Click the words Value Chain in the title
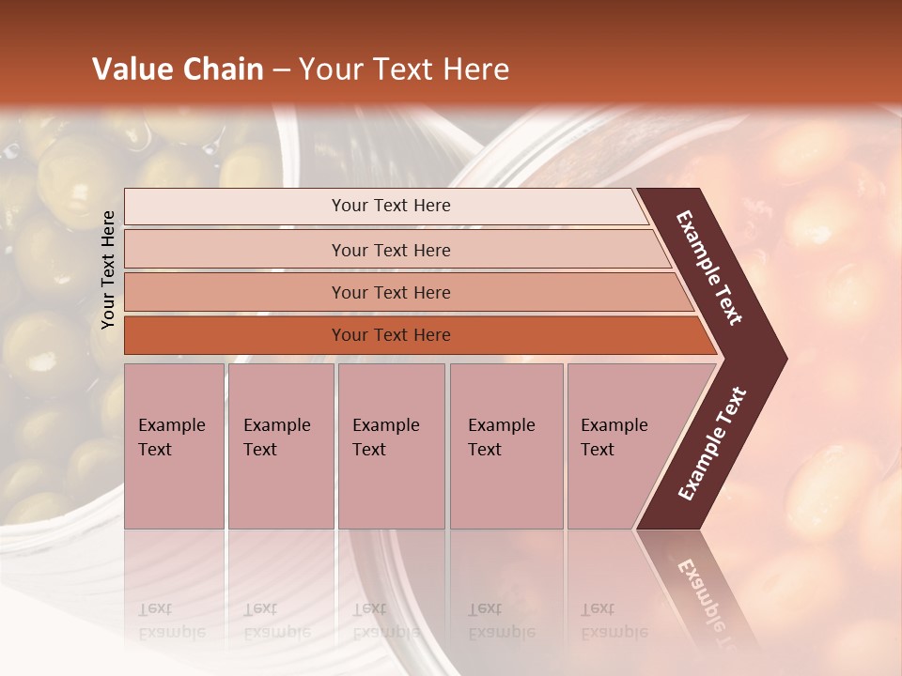tap(178, 69)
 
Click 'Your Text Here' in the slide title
tap(404, 69)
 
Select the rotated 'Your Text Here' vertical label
tap(108, 269)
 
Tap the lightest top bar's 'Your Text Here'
tap(391, 206)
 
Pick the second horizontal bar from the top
tap(391, 250)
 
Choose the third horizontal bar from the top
tap(391, 292)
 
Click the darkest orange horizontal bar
tap(391, 335)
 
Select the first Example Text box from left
tap(174, 445)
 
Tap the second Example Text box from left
tap(280, 445)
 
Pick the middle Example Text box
tap(391, 445)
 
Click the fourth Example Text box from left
tap(505, 445)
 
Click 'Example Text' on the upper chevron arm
tap(710, 269)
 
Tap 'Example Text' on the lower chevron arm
tap(712, 444)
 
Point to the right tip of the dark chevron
tap(784, 358)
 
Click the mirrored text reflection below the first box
tap(172, 621)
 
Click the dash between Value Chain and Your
tap(281, 70)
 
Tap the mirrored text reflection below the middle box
tap(386, 621)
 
